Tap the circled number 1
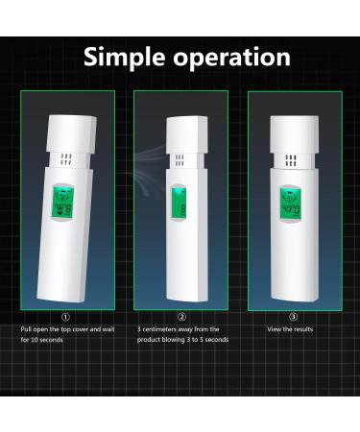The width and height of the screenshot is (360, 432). (x=65, y=317)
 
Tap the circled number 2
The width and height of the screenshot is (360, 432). (x=180, y=317)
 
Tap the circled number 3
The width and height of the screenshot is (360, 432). (x=294, y=317)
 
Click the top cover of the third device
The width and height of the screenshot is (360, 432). (x=292, y=120)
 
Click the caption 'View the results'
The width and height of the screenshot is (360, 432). (x=290, y=329)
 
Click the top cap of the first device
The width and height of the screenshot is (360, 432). (x=67, y=120)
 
